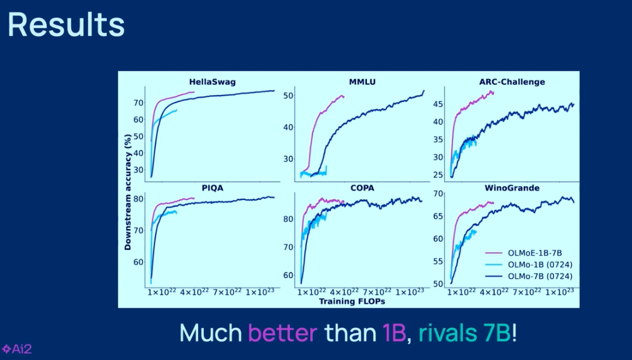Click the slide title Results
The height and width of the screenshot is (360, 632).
click(x=66, y=24)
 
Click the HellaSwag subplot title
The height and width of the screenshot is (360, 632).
click(x=213, y=82)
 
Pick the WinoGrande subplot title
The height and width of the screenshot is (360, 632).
click(x=512, y=187)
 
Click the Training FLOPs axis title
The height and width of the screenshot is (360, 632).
click(x=352, y=301)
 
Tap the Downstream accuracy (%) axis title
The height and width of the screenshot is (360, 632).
click(x=128, y=187)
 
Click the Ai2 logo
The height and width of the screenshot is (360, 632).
click(x=17, y=349)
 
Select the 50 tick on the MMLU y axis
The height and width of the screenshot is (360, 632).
click(x=289, y=96)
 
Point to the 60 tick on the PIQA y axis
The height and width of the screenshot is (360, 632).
click(x=138, y=262)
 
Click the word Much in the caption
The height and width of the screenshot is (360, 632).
click(x=211, y=332)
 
